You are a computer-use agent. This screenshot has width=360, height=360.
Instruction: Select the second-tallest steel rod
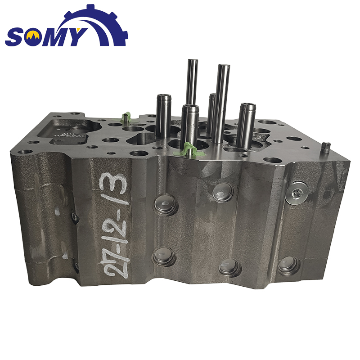click(x=221, y=103)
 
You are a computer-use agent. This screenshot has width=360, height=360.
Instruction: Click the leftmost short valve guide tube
click(x=163, y=116)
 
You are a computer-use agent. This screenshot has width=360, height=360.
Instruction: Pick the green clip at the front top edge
click(x=188, y=150)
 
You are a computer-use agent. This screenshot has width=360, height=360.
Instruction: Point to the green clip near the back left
click(x=126, y=117)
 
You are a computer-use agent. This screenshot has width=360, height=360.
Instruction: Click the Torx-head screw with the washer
click(x=296, y=193)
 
